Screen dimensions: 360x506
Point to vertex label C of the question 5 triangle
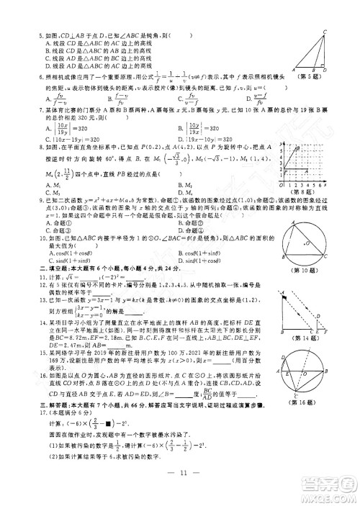[325, 32]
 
